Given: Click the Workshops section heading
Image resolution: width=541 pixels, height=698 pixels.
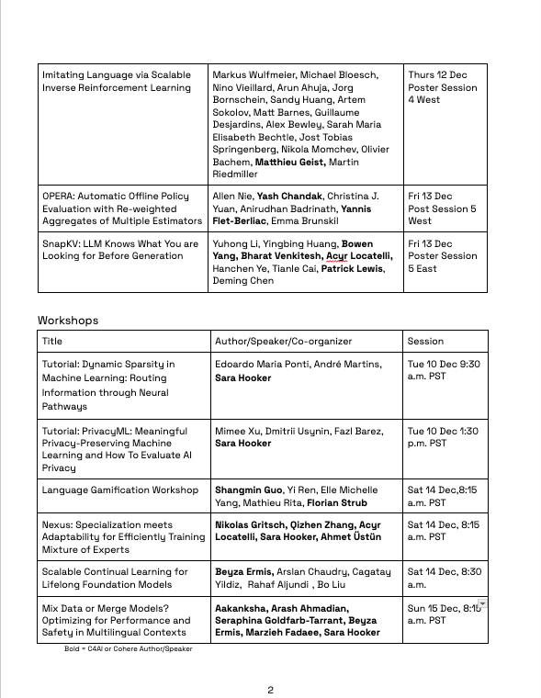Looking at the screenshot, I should pos(67,321).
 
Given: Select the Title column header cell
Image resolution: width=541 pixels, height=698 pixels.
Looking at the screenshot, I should pos(52,341).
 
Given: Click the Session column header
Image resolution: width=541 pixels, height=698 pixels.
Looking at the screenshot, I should pos(425,341).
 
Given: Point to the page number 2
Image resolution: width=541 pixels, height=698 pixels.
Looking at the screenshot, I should pos(270,691).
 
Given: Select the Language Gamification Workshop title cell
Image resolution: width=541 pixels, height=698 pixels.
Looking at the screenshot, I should pos(120,490).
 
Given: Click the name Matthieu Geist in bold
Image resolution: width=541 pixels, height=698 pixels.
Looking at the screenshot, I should pos(290,162).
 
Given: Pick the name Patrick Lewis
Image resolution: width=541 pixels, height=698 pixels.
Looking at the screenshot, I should pos(351,269).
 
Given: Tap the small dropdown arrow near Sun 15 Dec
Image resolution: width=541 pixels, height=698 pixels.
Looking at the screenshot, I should pos(482,603).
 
